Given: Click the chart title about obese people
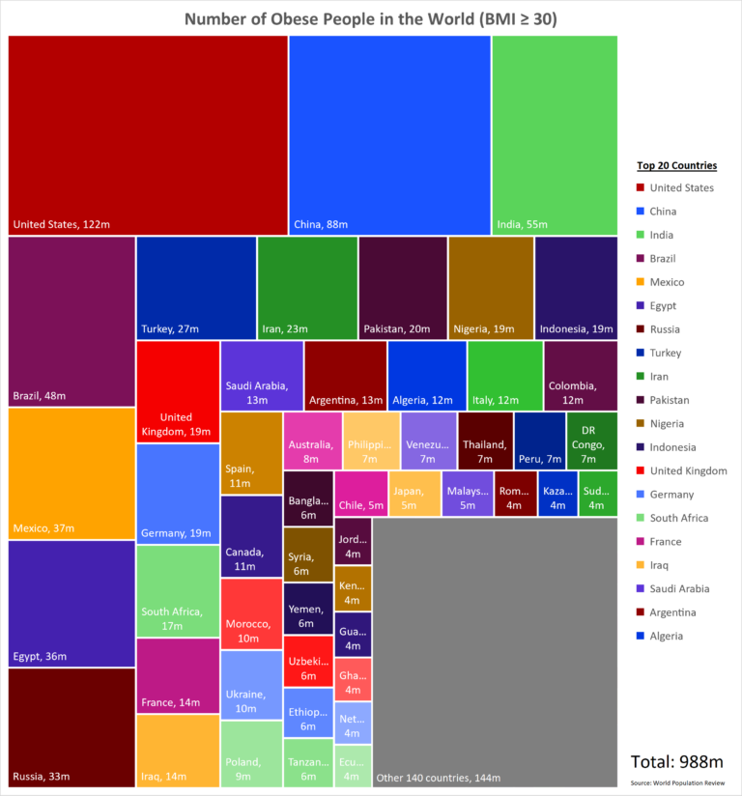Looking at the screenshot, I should pos(370,19).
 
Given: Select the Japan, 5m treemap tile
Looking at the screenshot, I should pos(414,494).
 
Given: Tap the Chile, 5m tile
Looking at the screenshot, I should pos(360,494).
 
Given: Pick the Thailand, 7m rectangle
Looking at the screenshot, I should pos(485,440).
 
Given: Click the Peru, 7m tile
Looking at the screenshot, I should pos(539,440).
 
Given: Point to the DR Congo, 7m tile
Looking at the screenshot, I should pos(591,440).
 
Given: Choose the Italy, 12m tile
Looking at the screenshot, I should pos(504,375).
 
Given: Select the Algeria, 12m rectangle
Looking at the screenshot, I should pos(427,375).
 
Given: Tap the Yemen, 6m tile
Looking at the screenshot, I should pos(308,609).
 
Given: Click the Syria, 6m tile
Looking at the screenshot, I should pos(308,554).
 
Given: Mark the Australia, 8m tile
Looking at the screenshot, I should pos(312,440).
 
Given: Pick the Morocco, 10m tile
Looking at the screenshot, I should pos(250,613).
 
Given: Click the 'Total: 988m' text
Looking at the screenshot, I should pos(671,761).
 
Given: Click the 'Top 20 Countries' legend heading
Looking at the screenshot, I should pos(676,165).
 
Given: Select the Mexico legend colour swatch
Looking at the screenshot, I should pos(640,282).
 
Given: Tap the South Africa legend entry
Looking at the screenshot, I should pos(678,518).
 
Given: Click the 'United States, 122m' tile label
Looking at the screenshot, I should pos(61,225).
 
